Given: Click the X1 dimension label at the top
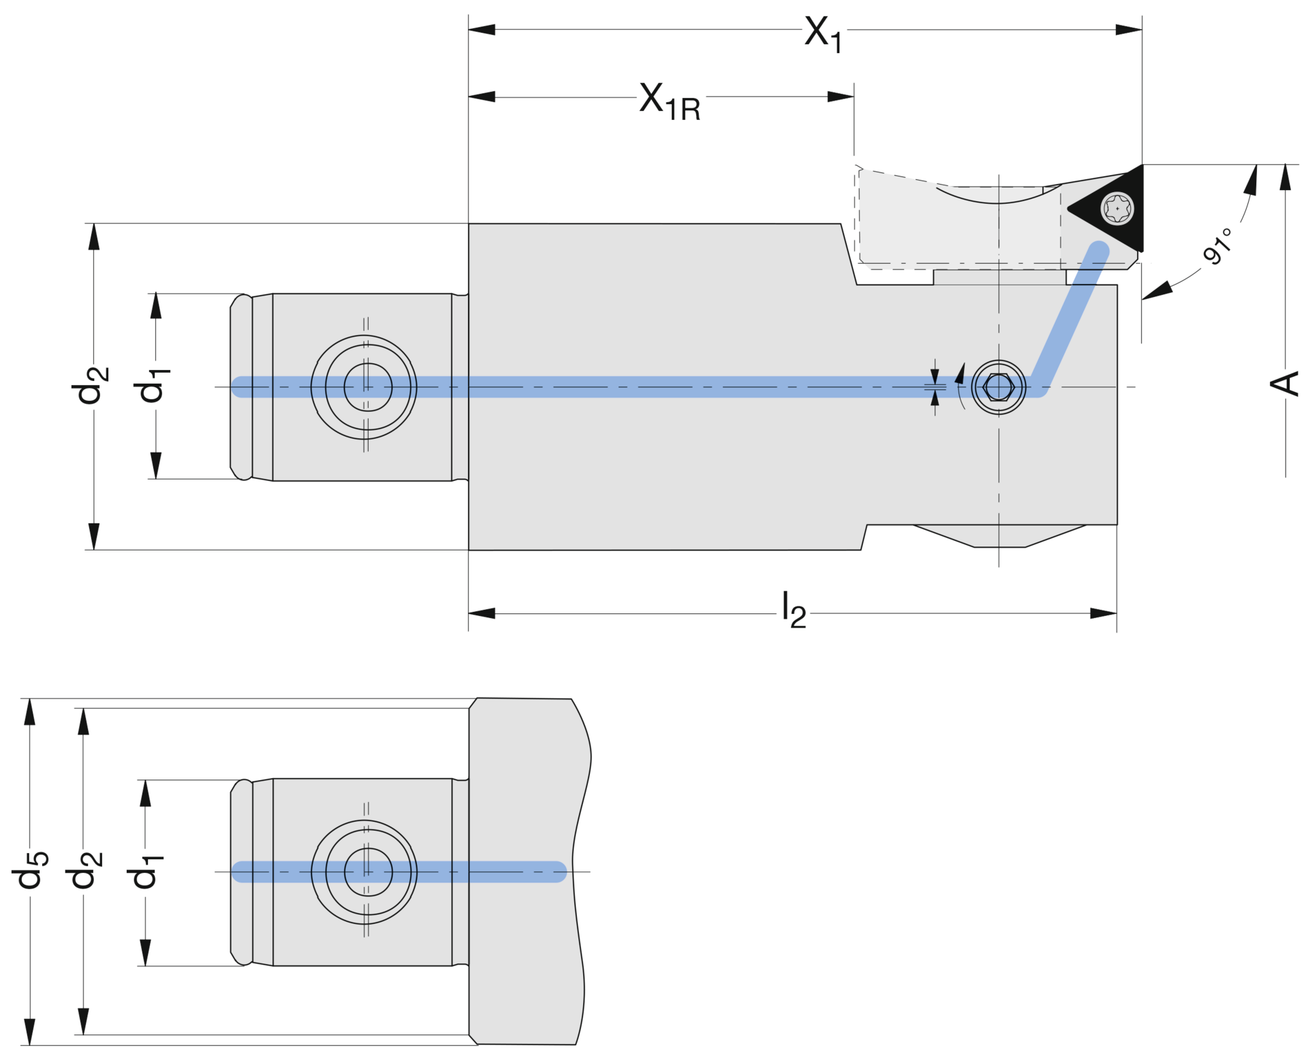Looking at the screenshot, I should (823, 34).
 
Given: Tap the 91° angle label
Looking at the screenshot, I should (1218, 246).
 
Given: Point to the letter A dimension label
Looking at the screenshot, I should (1285, 384).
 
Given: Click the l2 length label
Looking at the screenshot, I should (794, 609).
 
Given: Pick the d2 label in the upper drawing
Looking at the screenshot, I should (89, 385).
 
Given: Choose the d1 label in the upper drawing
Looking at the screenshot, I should (151, 385).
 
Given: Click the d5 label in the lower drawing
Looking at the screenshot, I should (30, 870).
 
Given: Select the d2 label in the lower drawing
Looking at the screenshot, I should (84, 870).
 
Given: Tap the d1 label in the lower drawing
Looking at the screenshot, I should (145, 870).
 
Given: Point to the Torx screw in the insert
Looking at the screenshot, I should (1117, 209).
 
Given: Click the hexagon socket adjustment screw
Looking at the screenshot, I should (999, 387).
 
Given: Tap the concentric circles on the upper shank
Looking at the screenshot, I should (364, 387).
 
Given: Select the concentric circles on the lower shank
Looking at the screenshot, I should (364, 872).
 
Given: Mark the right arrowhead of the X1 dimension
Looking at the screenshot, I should (1129, 30).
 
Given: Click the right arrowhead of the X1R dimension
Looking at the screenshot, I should (841, 97).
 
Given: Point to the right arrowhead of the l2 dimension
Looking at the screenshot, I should (1103, 613).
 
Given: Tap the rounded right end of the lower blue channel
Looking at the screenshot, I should (559, 872).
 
